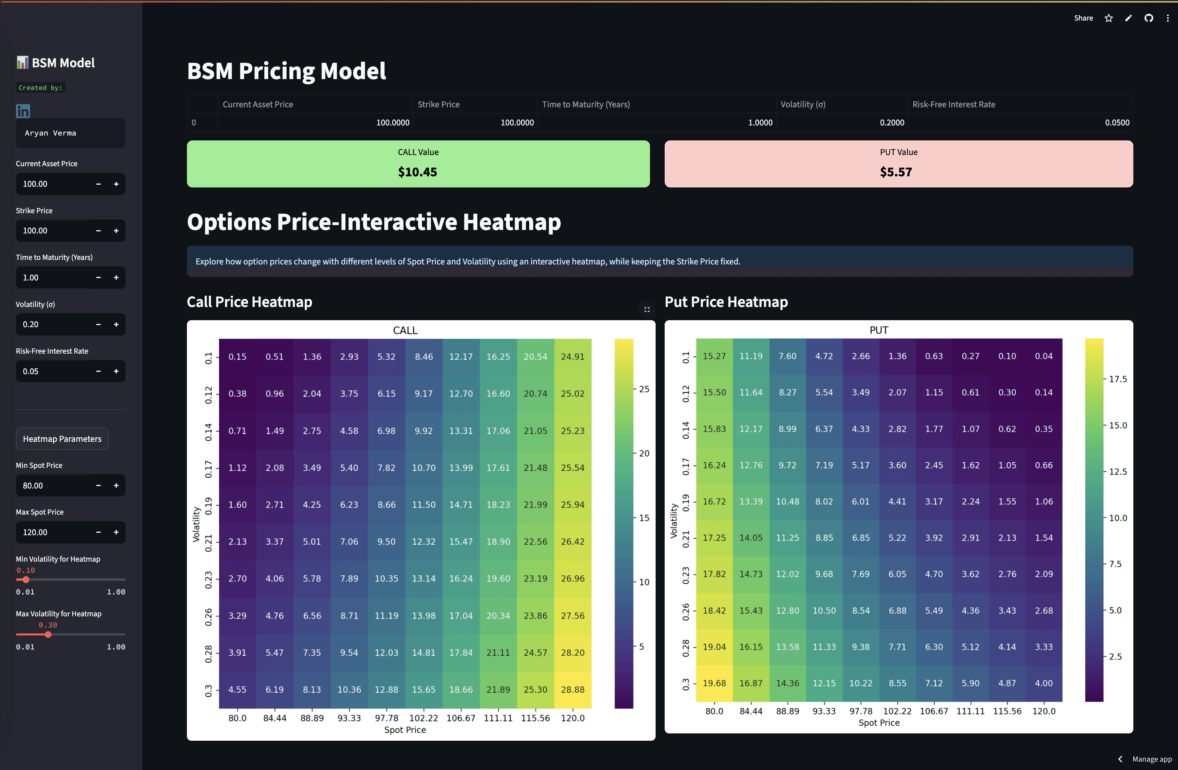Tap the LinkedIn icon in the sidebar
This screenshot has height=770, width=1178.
(23, 111)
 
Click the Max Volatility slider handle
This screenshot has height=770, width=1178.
(48, 634)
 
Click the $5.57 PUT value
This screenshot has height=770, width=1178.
(896, 172)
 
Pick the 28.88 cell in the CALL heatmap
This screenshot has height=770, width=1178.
(572, 690)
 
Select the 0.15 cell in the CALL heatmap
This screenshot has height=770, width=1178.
(237, 356)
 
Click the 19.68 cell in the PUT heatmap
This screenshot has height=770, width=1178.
(714, 683)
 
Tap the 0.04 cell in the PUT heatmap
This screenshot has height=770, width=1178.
(1043, 356)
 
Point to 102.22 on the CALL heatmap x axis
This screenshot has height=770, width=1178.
(423, 718)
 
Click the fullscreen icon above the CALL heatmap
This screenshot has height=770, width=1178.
(647, 310)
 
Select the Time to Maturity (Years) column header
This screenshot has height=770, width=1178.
(586, 104)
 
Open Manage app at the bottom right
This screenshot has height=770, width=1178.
(1151, 759)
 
